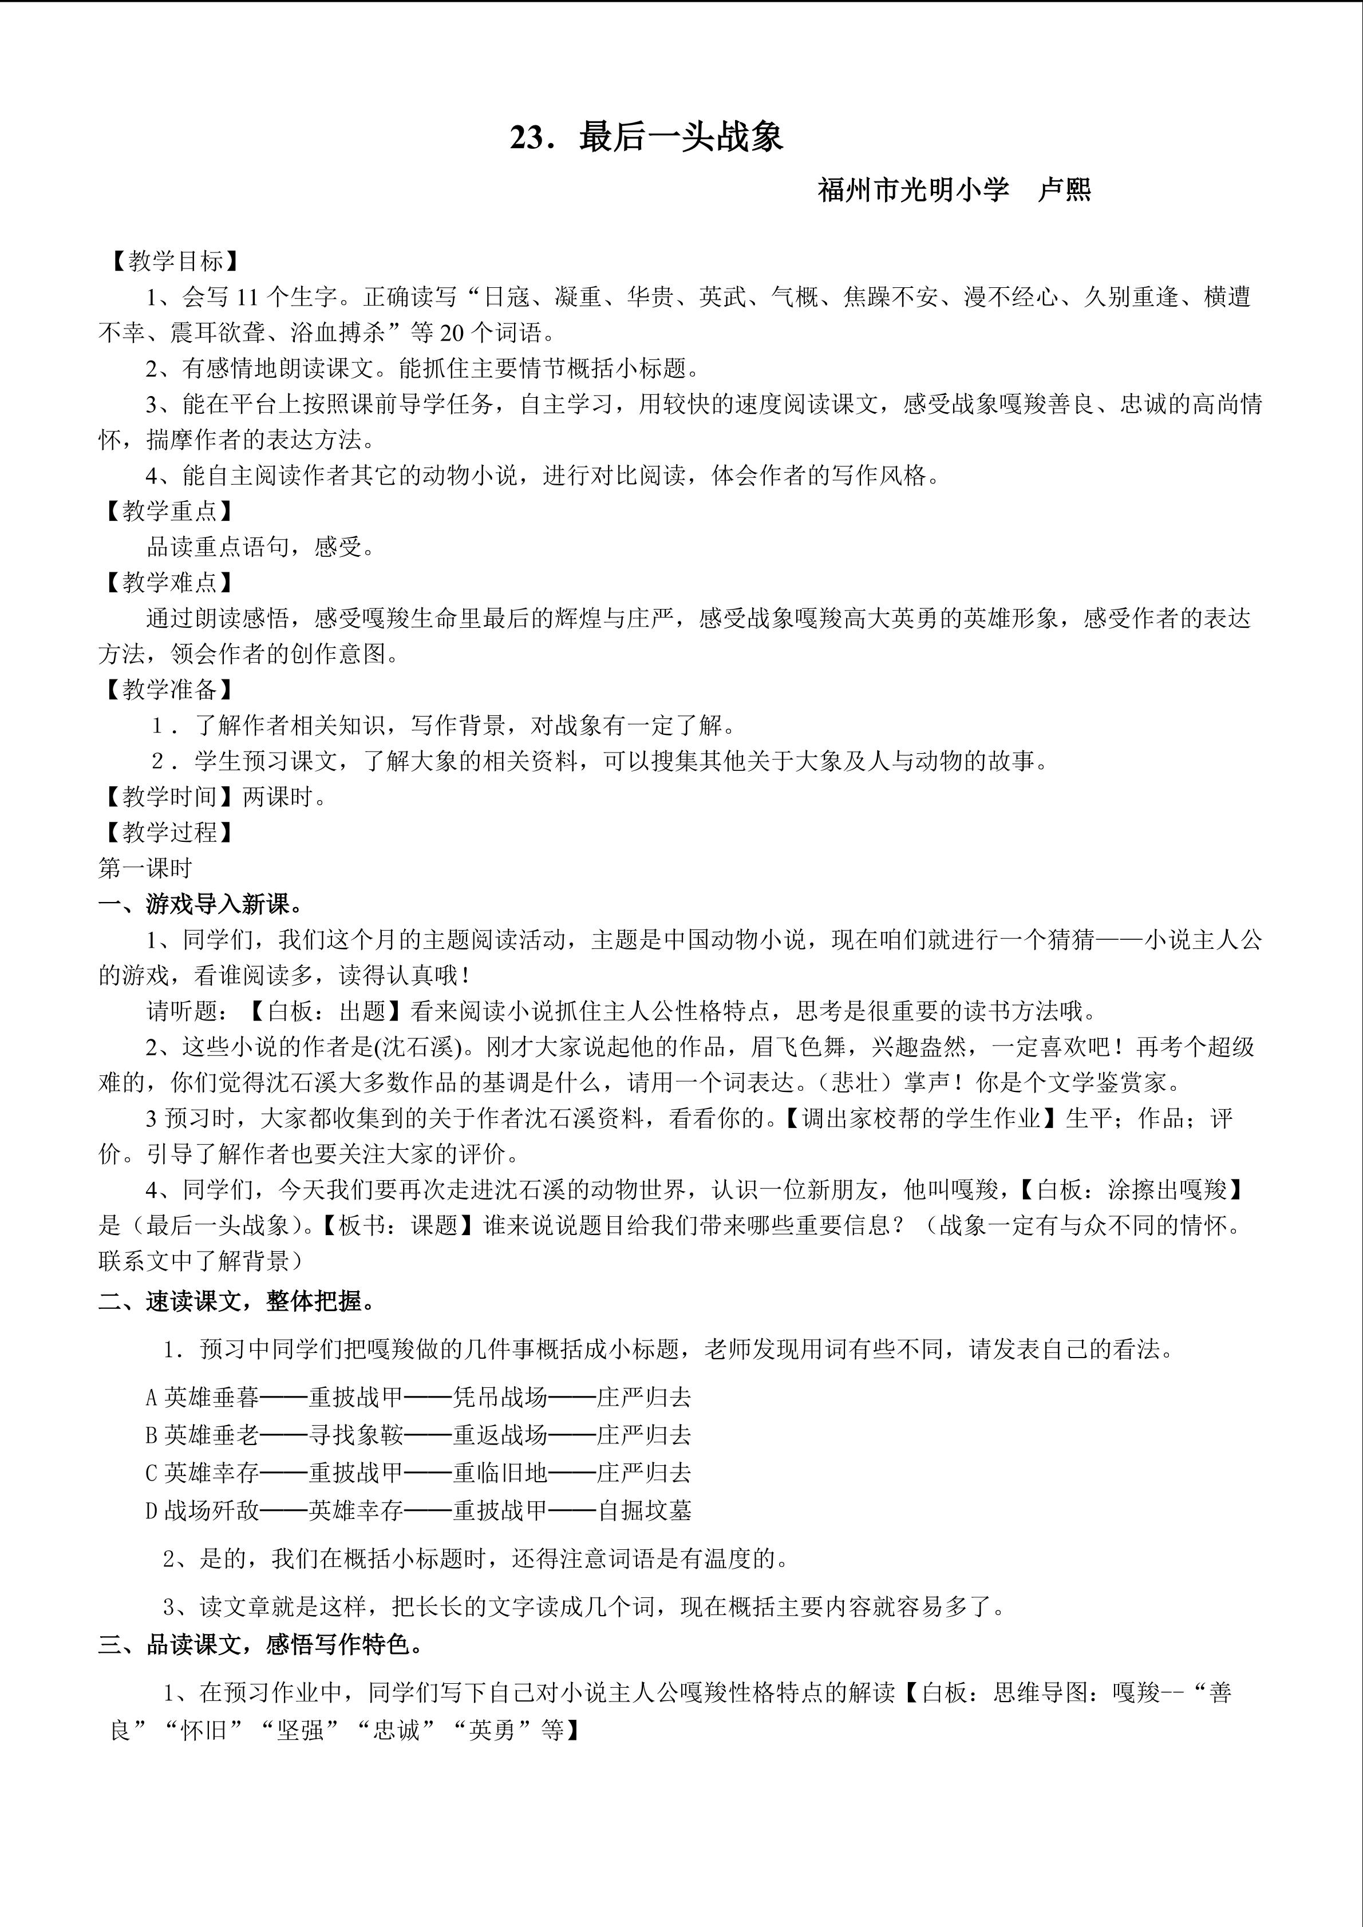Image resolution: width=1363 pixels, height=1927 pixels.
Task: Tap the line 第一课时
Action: pos(145,868)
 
